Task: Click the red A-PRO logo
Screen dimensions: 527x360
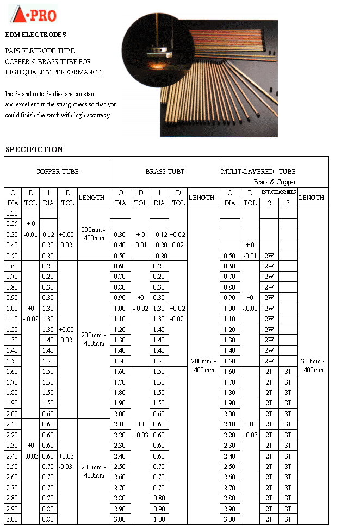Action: (x=34, y=14)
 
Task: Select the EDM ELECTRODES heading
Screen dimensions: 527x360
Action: (x=35, y=35)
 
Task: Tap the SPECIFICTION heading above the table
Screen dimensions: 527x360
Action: (x=34, y=149)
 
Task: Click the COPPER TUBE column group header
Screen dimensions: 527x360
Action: (x=57, y=172)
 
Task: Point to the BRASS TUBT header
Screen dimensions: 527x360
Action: (x=165, y=172)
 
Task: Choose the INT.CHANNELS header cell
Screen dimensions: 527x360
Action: (x=278, y=192)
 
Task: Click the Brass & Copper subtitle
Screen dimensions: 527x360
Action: (x=275, y=182)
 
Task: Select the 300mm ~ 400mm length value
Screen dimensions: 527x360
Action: (x=313, y=366)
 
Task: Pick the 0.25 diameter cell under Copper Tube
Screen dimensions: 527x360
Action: (x=12, y=224)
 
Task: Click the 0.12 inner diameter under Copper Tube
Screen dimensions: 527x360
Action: (x=48, y=235)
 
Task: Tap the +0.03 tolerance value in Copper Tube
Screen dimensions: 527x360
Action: (x=67, y=456)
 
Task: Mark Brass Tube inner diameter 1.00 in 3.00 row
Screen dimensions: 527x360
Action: (x=159, y=519)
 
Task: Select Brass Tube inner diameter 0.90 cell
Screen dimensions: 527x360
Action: (x=159, y=509)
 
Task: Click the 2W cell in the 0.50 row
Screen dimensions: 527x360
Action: (x=269, y=256)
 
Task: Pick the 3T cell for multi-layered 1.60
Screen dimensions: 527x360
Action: (x=288, y=372)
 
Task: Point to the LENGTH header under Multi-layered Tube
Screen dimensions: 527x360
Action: (x=312, y=198)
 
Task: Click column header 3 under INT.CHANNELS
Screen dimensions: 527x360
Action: (x=288, y=203)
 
